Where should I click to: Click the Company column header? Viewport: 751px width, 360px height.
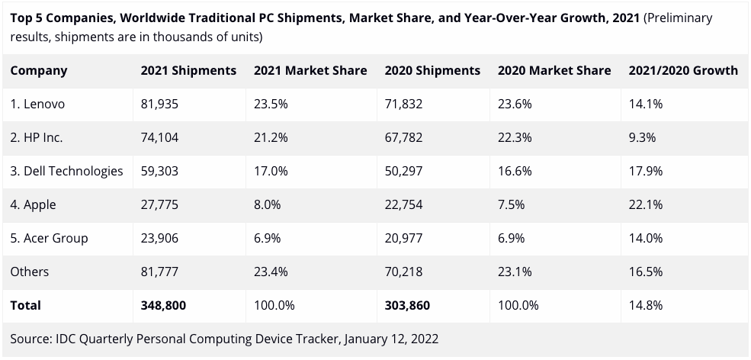(x=39, y=70)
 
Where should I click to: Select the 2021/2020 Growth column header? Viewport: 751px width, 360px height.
(x=682, y=70)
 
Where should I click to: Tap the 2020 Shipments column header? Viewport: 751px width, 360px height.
(x=432, y=70)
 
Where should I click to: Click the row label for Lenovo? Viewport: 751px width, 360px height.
(x=37, y=104)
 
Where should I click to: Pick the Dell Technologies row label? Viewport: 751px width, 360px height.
(x=66, y=171)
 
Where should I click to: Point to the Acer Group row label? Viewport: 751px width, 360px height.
(x=50, y=238)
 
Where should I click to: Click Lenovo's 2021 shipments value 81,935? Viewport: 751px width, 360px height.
(x=159, y=104)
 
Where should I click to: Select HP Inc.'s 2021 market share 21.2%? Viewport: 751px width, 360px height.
(x=271, y=138)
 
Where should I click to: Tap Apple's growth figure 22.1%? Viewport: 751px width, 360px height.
(x=645, y=204)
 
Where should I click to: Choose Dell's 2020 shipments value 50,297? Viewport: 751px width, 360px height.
(x=403, y=171)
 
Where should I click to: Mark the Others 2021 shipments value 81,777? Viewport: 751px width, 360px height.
(x=159, y=272)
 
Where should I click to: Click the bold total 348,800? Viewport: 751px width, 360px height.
(x=163, y=305)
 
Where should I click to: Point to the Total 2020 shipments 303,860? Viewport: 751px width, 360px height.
(x=407, y=305)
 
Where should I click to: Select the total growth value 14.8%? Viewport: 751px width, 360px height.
(x=645, y=305)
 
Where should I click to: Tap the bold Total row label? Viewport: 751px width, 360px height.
(x=26, y=305)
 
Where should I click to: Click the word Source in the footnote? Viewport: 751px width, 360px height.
(x=30, y=338)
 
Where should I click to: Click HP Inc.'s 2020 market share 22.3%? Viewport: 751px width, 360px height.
(x=515, y=138)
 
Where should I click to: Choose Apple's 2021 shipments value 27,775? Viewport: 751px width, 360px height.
(x=159, y=204)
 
